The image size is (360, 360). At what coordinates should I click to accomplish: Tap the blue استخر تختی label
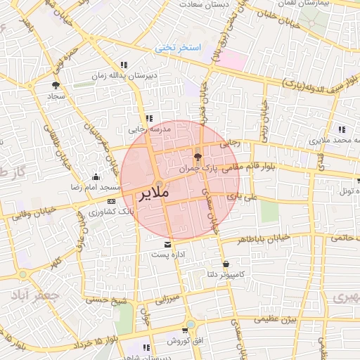(179, 48)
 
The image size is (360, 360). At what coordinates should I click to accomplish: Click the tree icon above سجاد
(56, 85)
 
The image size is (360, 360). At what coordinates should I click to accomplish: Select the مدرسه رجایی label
(149, 129)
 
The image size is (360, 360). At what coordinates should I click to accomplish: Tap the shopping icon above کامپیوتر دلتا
(226, 264)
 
